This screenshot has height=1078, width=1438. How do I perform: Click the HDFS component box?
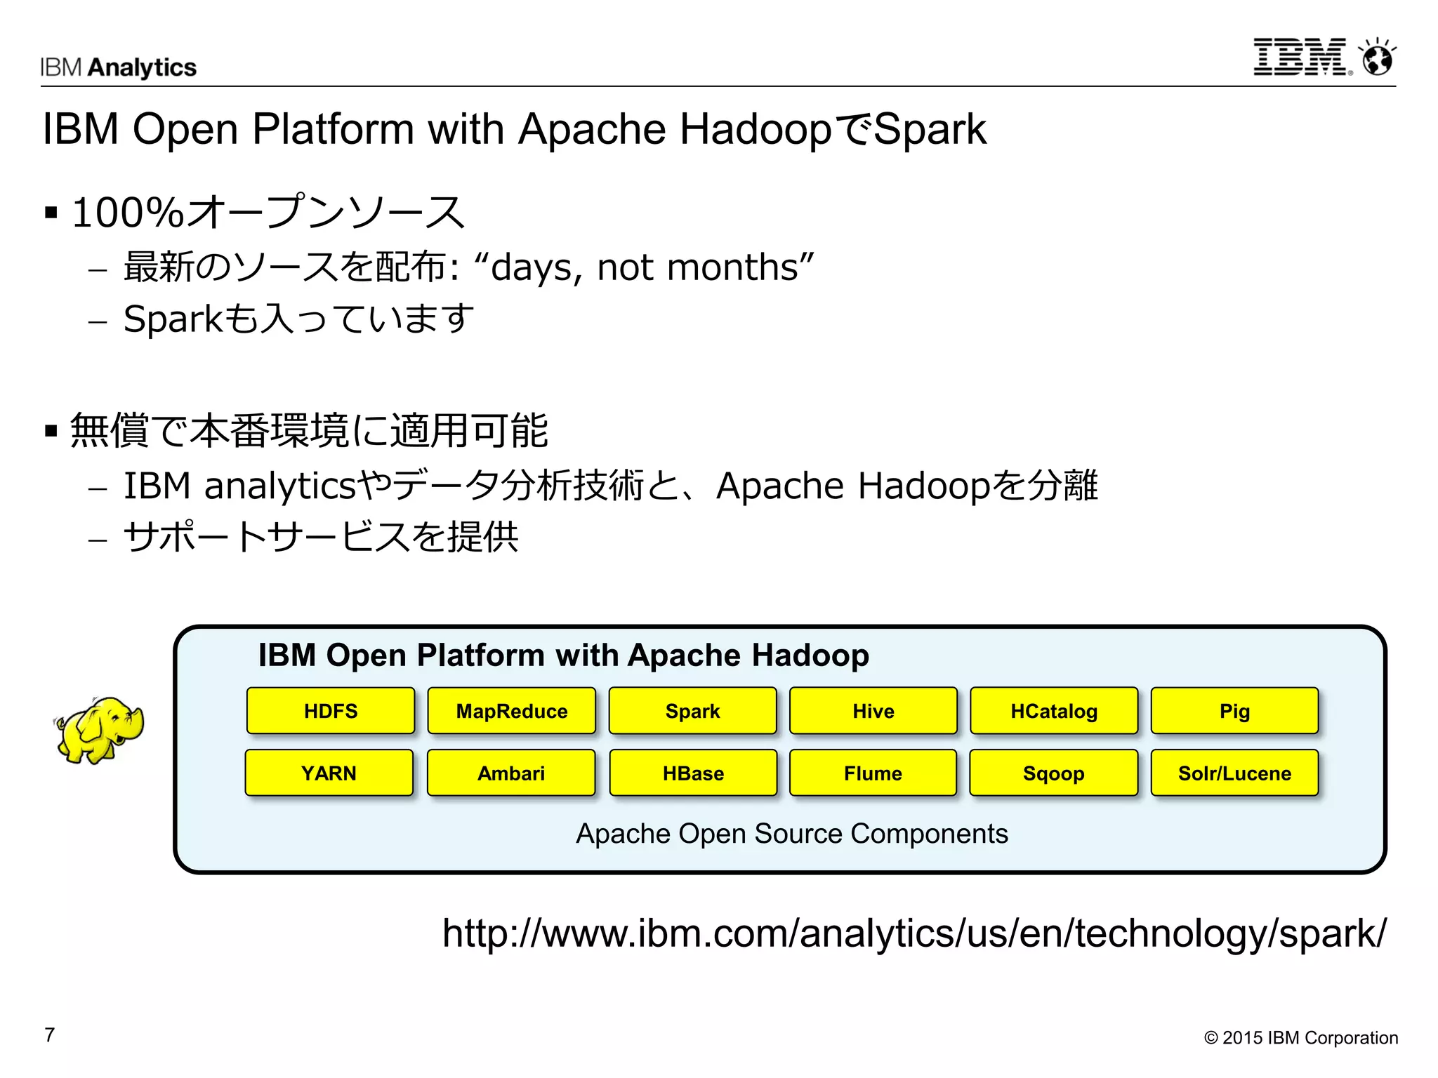[331, 711]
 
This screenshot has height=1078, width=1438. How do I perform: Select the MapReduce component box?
[512, 711]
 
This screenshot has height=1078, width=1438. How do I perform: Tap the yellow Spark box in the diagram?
[692, 711]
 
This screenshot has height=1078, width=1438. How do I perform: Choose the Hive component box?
[873, 711]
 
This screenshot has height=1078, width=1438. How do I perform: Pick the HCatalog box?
[1054, 711]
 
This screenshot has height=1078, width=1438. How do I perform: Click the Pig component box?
[1234, 711]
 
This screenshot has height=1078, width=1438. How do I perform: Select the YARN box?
[329, 773]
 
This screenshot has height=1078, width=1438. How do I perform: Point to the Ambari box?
[511, 773]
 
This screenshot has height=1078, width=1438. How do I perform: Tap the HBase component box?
[693, 773]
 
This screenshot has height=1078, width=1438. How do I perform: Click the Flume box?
[873, 773]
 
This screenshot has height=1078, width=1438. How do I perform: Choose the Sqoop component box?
[1053, 773]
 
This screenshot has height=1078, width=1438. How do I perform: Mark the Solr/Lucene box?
[1234, 773]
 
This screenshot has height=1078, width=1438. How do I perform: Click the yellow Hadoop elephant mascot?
[99, 730]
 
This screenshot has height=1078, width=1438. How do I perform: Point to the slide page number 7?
[50, 1035]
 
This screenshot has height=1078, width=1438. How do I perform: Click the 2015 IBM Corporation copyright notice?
[1300, 1038]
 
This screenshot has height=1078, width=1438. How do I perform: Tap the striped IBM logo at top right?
[1301, 58]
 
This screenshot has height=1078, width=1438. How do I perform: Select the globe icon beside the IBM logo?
[1378, 58]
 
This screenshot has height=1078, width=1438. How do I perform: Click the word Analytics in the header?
[143, 67]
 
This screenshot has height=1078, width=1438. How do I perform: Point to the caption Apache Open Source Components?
[792, 834]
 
